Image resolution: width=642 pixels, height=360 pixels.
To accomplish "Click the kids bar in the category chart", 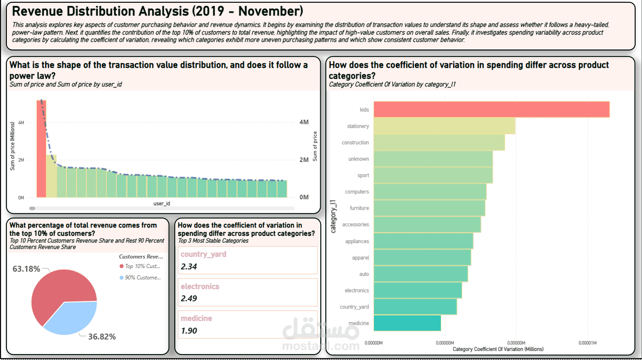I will pyautogui.click(x=491, y=110).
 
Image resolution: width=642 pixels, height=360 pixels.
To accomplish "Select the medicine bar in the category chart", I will pyautogui.click(x=407, y=323).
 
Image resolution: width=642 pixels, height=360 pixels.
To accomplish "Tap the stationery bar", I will pyautogui.click(x=444, y=126).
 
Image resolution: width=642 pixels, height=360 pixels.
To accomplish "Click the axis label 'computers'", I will pyautogui.click(x=357, y=192).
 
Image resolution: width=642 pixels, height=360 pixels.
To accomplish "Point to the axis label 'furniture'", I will pyautogui.click(x=359, y=208).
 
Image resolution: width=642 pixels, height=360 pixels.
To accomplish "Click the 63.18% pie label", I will pyautogui.click(x=26, y=269).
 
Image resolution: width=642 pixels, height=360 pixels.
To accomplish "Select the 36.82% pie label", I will pyautogui.click(x=102, y=337).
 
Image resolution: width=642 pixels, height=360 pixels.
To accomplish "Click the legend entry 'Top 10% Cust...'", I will pyautogui.click(x=142, y=266).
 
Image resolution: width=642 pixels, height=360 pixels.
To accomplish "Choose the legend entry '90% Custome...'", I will pyautogui.click(x=142, y=278).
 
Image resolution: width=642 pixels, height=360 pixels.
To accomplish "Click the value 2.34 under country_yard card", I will pyautogui.click(x=189, y=267).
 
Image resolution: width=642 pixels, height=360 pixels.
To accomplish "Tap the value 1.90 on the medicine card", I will pyautogui.click(x=189, y=331).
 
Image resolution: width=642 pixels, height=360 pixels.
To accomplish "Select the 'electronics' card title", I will pyautogui.click(x=200, y=287).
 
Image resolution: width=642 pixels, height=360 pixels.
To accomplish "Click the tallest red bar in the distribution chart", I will pyautogui.click(x=41, y=150).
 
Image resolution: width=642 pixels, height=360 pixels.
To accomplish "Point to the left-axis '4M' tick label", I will pyautogui.click(x=21, y=123).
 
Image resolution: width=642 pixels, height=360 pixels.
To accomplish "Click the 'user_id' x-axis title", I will pyautogui.click(x=162, y=203).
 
